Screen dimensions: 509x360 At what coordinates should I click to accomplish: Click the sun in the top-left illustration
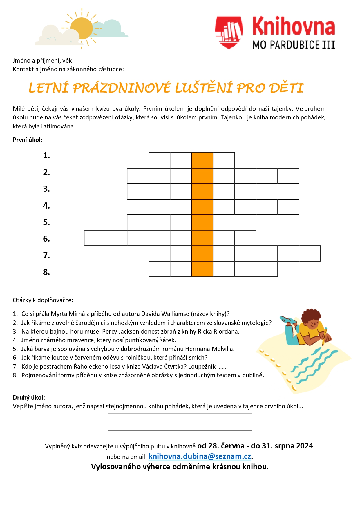click(x=82, y=28)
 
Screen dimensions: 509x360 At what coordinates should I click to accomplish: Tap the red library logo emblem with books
click(x=229, y=32)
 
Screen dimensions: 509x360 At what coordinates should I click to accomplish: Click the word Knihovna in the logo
click(x=294, y=26)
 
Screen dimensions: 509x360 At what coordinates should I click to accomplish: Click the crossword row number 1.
click(x=46, y=156)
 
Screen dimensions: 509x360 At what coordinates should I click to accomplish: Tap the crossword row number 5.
click(x=46, y=222)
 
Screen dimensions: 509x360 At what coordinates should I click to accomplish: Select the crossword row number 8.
click(x=46, y=272)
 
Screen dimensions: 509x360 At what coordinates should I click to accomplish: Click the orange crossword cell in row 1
click(x=202, y=160)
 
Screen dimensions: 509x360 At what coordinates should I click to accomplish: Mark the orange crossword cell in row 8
click(x=202, y=269)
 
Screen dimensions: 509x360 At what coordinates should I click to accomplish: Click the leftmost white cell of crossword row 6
click(x=95, y=238)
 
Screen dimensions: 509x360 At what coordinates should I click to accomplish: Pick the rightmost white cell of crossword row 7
click(x=310, y=253)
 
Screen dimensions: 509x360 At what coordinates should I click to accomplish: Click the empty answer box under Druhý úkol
click(x=180, y=422)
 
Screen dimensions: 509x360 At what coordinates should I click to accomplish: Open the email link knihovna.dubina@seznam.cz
click(x=200, y=456)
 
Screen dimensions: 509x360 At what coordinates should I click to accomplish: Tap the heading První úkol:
click(x=28, y=140)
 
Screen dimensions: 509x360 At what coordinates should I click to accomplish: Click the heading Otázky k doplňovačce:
click(x=43, y=300)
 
